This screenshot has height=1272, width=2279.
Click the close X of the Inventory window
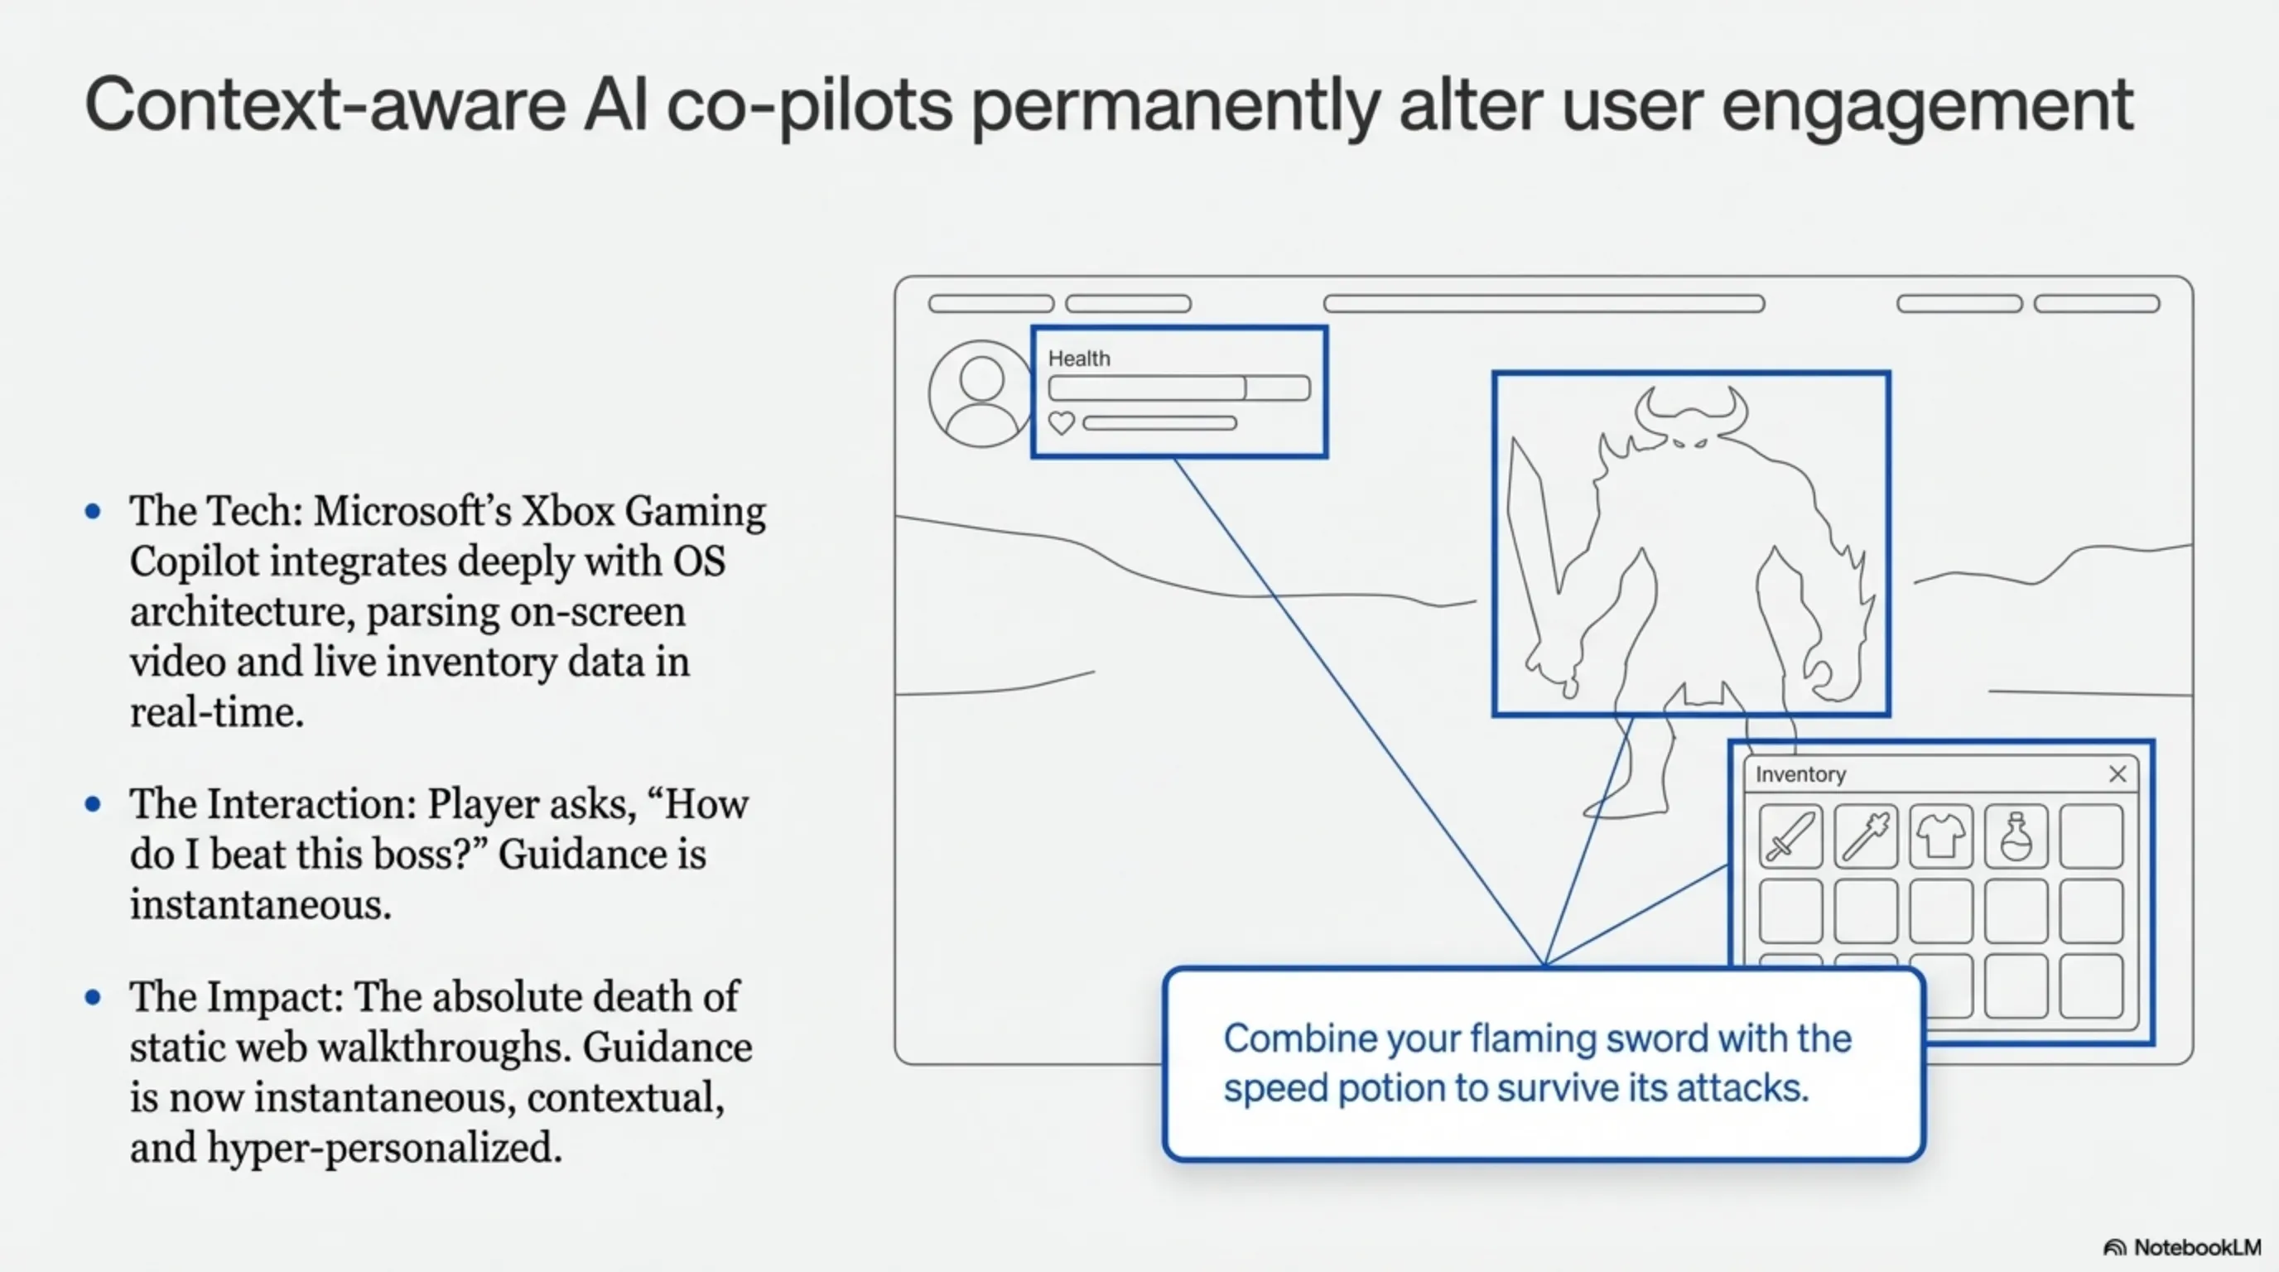point(2117,774)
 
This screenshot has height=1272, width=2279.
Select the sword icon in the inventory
point(1790,836)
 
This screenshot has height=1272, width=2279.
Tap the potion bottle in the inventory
point(2016,836)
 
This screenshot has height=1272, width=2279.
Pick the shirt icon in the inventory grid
point(1940,836)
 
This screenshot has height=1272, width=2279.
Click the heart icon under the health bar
point(1061,423)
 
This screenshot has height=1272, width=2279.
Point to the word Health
point(1078,359)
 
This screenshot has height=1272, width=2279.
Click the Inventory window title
point(1800,774)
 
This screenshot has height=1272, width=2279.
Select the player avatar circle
point(980,393)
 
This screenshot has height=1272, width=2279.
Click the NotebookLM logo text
point(2197,1247)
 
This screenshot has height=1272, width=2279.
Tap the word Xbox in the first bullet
point(566,511)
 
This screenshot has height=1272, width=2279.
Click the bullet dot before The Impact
point(93,997)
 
